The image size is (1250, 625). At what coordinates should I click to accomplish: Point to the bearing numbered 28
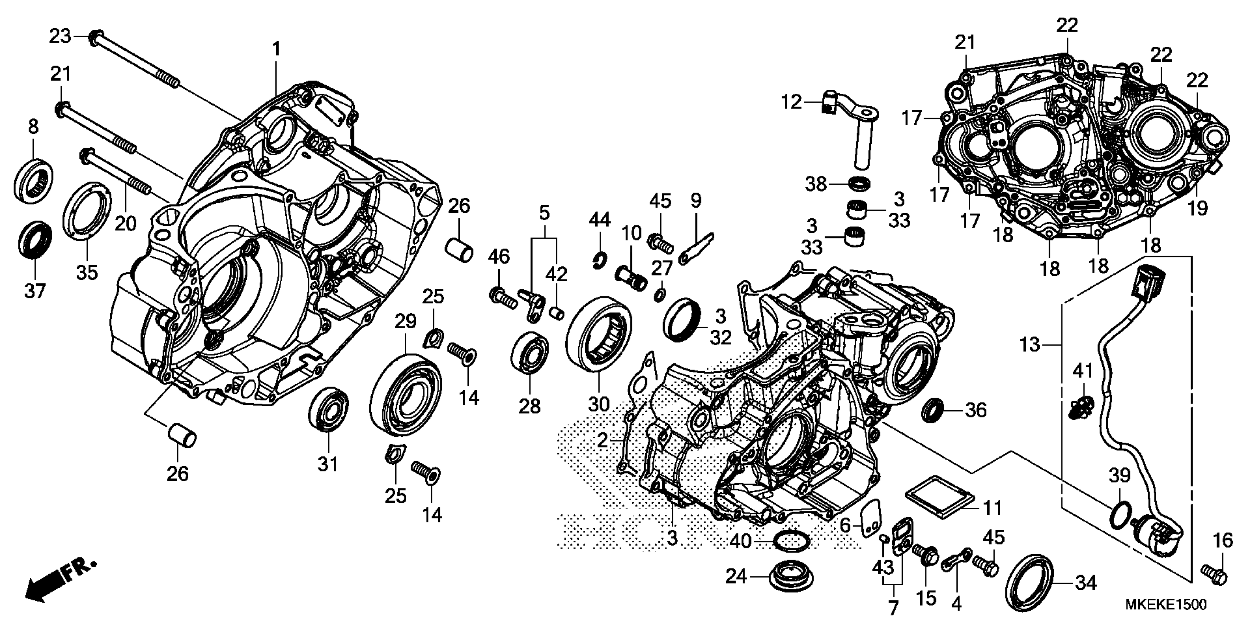coord(530,353)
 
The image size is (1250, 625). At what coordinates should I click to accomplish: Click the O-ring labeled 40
coord(792,541)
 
